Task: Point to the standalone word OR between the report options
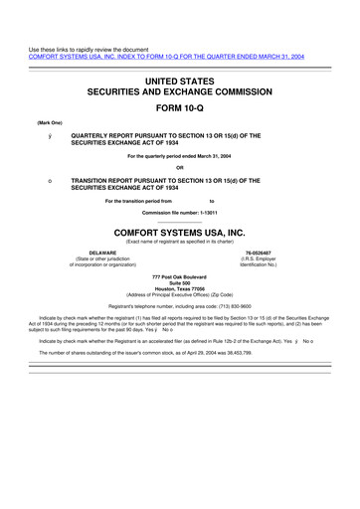[180, 166]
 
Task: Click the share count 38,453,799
[265, 352]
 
